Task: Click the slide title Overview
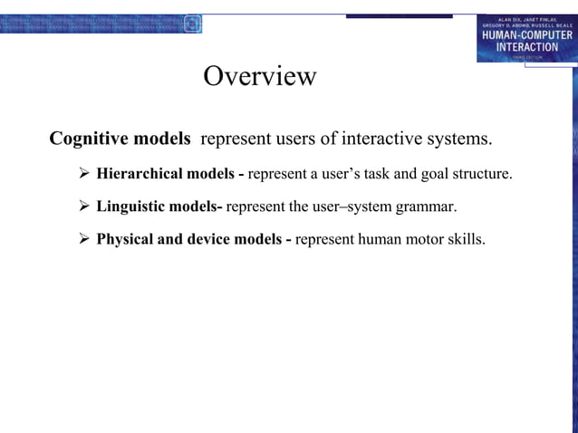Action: pyautogui.click(x=260, y=76)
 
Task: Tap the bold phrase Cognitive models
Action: pyautogui.click(x=120, y=140)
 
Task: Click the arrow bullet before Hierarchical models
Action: pyautogui.click(x=81, y=173)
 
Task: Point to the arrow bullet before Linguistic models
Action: pyautogui.click(x=81, y=207)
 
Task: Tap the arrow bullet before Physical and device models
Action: pyautogui.click(x=81, y=240)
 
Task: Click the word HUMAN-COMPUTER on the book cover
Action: pyautogui.click(x=526, y=35)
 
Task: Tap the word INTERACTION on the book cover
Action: pyautogui.click(x=526, y=47)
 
